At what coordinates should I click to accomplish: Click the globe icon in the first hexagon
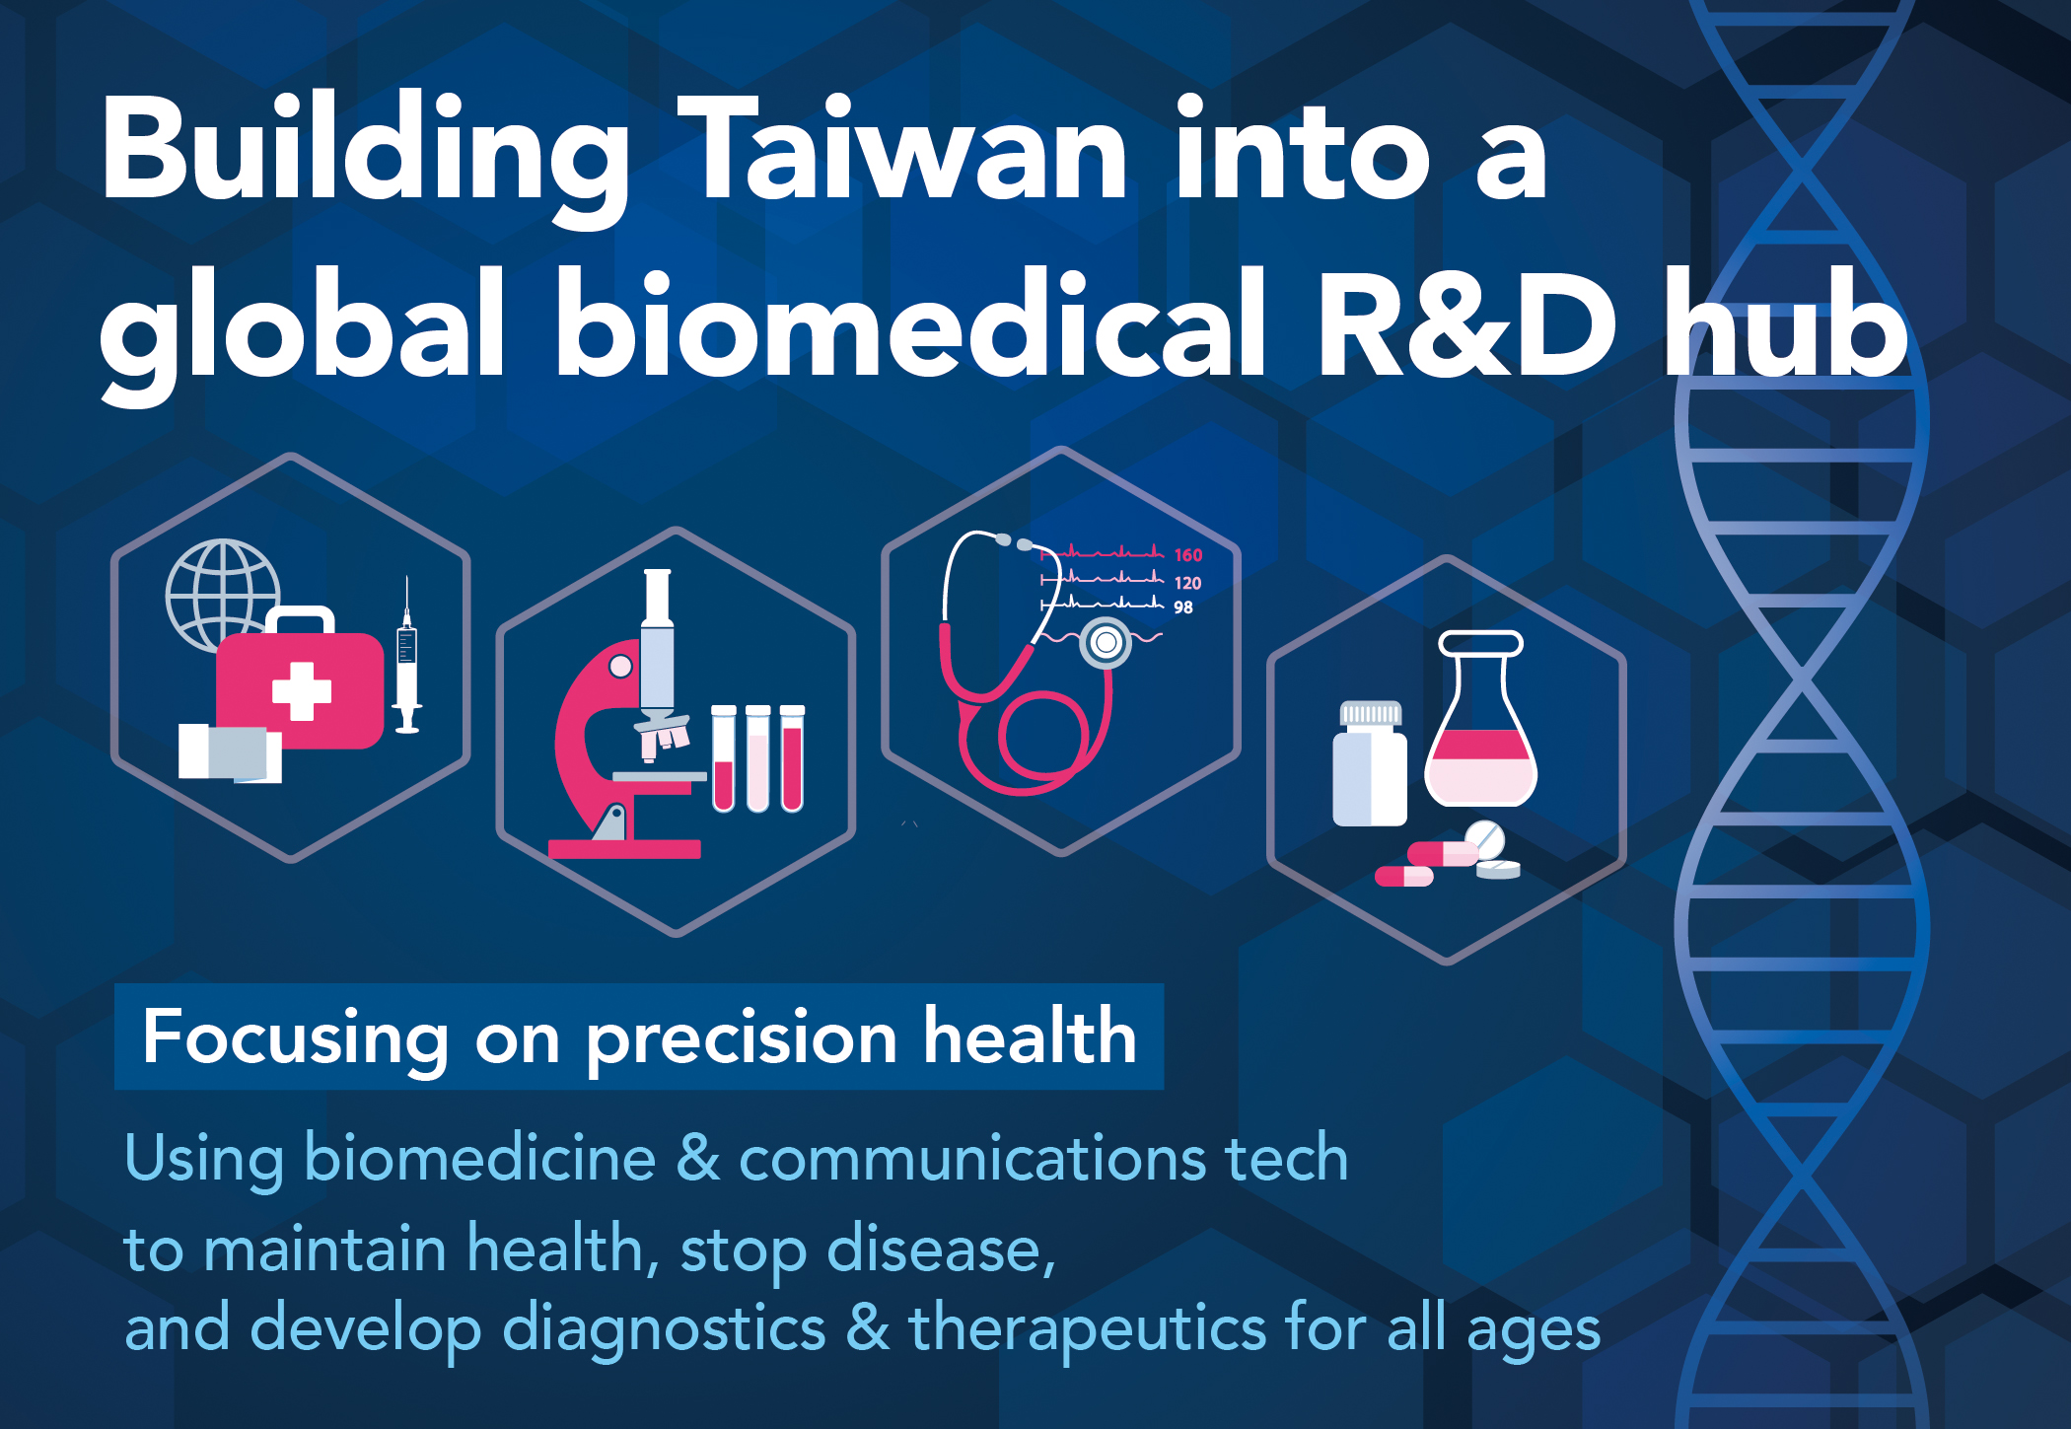tap(223, 596)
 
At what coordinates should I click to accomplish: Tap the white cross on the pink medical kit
tap(301, 690)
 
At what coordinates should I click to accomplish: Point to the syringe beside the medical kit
tap(407, 655)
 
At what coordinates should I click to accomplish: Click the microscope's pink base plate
tap(624, 849)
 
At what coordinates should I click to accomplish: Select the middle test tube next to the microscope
tap(757, 758)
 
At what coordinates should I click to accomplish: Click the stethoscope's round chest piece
tap(1107, 643)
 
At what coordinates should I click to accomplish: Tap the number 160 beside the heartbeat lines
tap(1187, 555)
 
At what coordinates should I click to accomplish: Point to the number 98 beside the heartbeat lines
tap(1183, 607)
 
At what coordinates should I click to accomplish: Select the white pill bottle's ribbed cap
tap(1370, 713)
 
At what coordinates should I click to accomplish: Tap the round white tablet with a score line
tap(1485, 840)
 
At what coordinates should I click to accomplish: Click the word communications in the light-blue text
tap(972, 1158)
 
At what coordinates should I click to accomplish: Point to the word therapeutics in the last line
tap(1088, 1329)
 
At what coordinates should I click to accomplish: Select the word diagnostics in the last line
tap(665, 1329)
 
